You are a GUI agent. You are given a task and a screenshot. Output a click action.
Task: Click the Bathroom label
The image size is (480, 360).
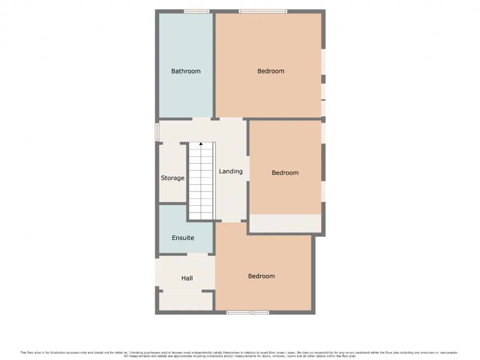point(186,71)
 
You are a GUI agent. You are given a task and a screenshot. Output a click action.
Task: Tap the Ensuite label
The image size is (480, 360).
point(183,238)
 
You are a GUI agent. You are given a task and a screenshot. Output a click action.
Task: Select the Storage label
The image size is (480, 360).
point(172,178)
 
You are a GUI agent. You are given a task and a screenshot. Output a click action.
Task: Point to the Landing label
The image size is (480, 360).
point(231,171)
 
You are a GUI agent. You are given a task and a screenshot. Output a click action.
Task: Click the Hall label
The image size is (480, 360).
point(187,278)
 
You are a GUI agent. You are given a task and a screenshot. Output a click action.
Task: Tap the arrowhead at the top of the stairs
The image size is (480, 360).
point(201,144)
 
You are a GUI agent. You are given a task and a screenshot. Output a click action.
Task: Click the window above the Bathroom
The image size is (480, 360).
point(196,11)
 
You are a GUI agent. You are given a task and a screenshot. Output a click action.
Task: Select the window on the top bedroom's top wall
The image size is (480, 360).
point(263,11)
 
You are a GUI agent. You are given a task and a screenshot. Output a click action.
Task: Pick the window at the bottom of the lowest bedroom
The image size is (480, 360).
point(248,313)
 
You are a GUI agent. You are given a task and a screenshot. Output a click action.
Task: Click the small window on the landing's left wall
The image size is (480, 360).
point(157,132)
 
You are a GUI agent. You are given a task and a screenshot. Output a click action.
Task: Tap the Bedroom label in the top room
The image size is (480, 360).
point(271,71)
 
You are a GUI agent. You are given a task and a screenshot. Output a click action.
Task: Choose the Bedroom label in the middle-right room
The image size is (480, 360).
point(285,172)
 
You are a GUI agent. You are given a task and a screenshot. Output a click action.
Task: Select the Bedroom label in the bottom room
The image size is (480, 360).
point(261,276)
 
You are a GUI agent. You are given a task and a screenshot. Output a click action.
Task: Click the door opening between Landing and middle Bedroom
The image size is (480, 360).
point(248,168)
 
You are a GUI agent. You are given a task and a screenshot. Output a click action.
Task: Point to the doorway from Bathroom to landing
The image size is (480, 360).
point(201,119)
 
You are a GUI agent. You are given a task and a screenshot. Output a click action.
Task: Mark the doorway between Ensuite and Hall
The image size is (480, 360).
point(197,254)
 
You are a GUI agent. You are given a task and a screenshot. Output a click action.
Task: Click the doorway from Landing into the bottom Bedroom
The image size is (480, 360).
point(231,221)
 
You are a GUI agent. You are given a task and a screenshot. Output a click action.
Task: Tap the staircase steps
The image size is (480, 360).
point(201,181)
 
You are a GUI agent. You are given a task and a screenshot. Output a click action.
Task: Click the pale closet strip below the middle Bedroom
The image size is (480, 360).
point(285,223)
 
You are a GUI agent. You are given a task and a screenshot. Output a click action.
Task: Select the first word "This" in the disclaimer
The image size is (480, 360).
point(23,352)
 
